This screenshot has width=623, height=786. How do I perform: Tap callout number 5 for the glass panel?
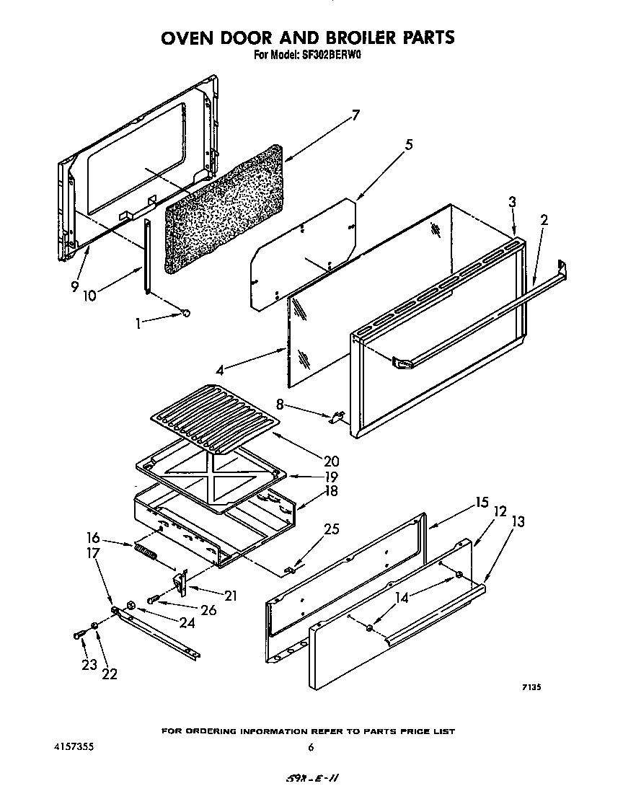click(x=409, y=145)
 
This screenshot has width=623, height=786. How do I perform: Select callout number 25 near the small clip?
click(x=331, y=530)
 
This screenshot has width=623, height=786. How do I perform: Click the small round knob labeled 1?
click(x=187, y=313)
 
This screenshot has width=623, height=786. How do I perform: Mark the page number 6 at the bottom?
click(x=311, y=748)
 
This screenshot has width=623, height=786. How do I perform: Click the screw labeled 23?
click(x=79, y=635)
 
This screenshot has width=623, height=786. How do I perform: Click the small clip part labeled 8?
click(x=337, y=418)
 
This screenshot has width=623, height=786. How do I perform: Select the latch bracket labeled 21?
click(x=181, y=581)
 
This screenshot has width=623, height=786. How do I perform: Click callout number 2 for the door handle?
click(x=544, y=221)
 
